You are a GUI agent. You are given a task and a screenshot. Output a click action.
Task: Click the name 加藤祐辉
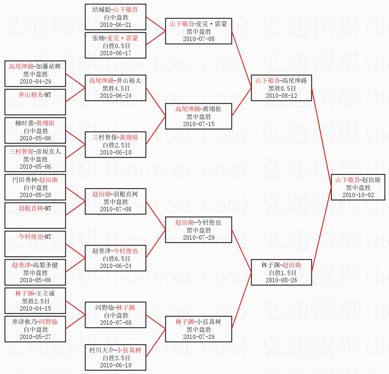[50, 66]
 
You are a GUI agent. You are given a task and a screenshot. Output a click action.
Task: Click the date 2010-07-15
[198, 124]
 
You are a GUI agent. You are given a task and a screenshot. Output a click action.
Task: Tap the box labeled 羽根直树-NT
[35, 215]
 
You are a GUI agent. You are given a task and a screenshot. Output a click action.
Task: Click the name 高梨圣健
[45, 265]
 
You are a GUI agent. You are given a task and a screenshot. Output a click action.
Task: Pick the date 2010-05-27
[35, 337]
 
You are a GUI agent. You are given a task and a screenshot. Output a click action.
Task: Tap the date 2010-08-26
[281, 280]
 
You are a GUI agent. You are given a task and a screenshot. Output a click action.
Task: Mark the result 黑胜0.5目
[281, 88]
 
